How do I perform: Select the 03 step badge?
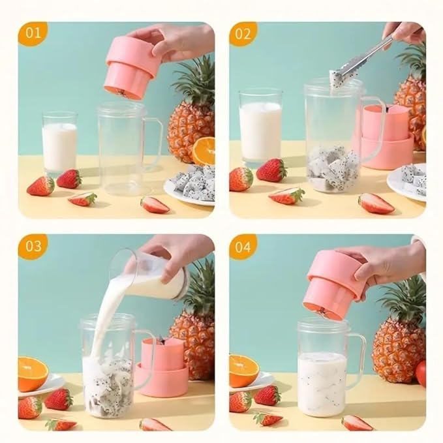pyautogui.click(x=32, y=246)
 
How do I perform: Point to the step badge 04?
pyautogui.click(x=243, y=246)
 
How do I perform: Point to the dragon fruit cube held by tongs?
pyautogui.click(x=337, y=80)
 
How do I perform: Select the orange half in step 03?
pyautogui.click(x=32, y=373)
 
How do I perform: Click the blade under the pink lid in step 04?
pyautogui.click(x=321, y=312)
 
